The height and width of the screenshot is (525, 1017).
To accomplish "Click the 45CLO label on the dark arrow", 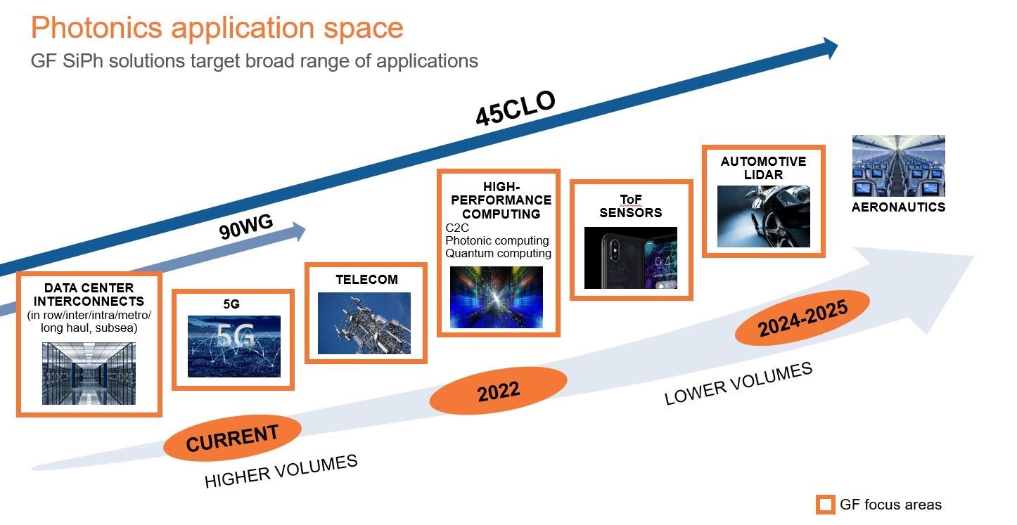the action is (516, 108).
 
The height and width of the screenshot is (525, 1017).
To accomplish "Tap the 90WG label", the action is (246, 226).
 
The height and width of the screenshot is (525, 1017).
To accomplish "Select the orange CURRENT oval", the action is (232, 438).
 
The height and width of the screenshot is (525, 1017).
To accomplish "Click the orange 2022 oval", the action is (498, 391).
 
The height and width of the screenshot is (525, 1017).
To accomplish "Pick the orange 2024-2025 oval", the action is (802, 318).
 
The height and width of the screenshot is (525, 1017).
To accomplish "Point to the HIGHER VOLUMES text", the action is (281, 471).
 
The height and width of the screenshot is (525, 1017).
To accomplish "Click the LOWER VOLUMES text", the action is (738, 383).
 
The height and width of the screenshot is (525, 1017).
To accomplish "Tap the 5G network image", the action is (234, 346).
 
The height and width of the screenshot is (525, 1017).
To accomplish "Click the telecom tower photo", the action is (364, 323).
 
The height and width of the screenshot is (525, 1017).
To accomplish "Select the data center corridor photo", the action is (89, 373).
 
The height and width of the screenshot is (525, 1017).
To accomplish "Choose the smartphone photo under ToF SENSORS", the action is (631, 258).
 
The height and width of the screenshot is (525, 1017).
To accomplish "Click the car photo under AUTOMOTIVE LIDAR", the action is (764, 216).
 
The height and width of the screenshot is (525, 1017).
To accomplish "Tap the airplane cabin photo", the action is (899, 166).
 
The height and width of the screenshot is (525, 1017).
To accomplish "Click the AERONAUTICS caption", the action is (899, 207).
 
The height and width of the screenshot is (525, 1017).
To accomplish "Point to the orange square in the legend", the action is (826, 505).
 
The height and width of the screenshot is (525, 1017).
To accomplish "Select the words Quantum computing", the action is (498, 253).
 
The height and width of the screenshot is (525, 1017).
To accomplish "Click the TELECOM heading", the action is (367, 280).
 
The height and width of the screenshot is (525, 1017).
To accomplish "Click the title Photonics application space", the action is (217, 27).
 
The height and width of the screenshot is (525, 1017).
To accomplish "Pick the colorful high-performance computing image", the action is (497, 297).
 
